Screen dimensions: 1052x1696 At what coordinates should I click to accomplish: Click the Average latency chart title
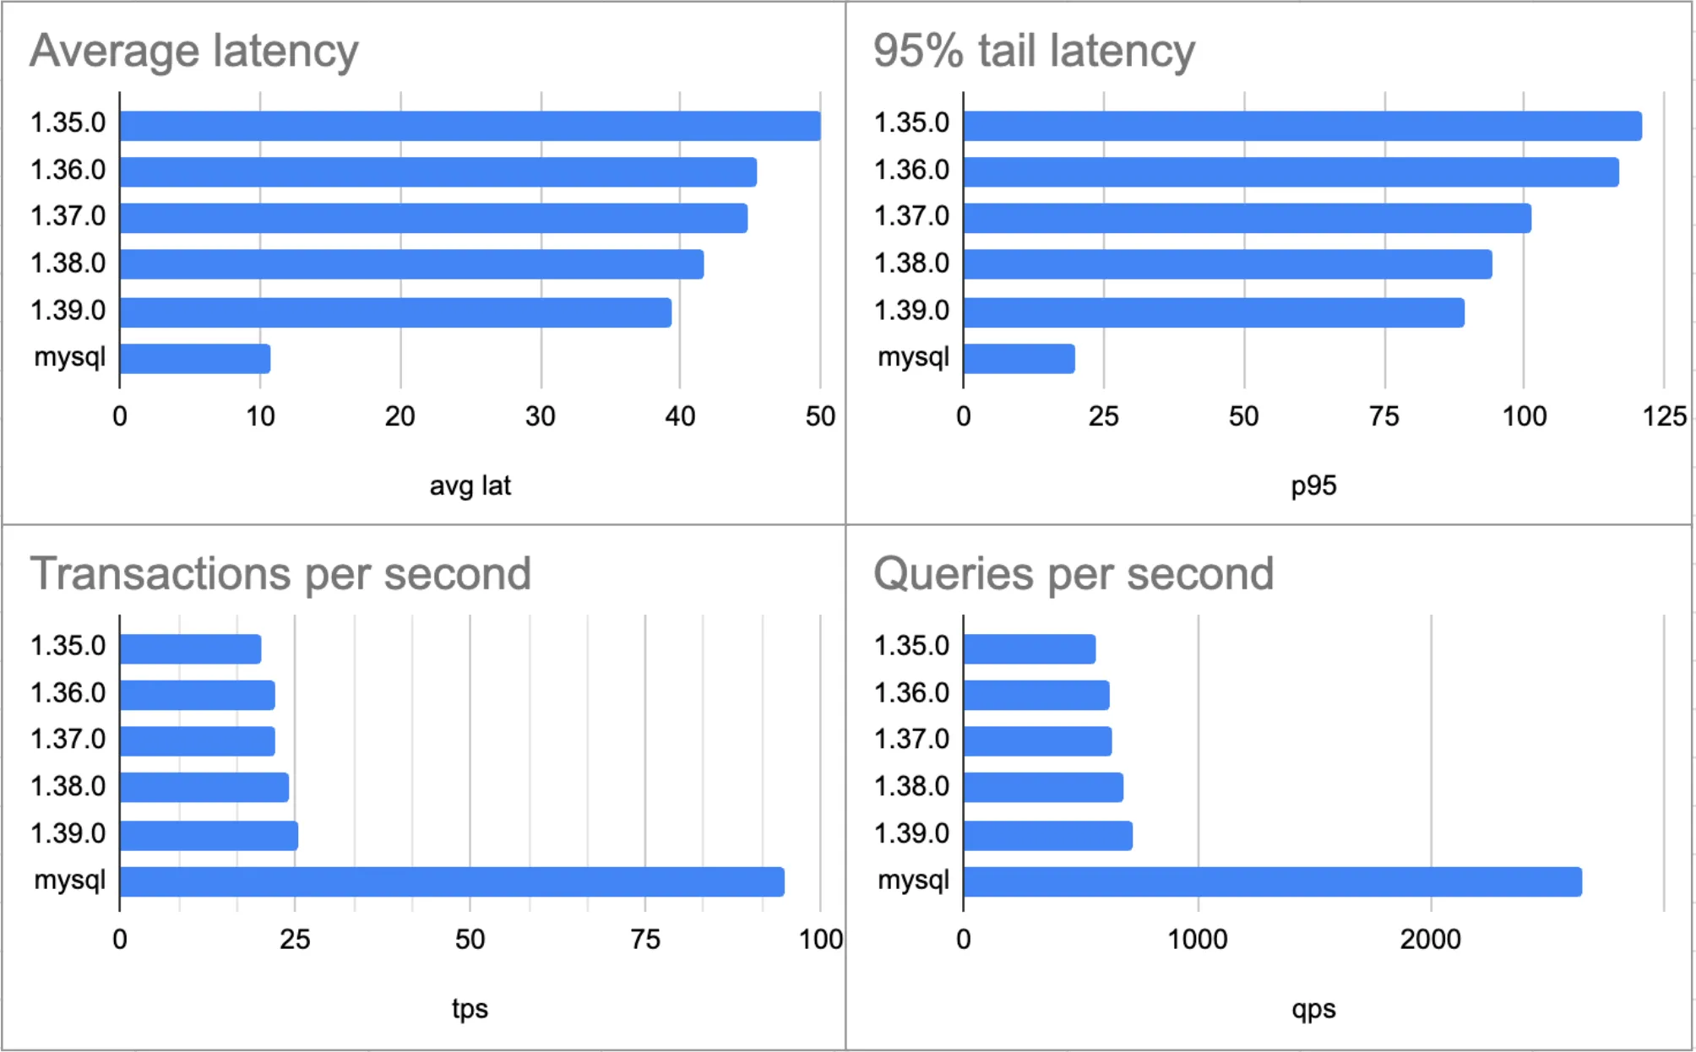click(194, 51)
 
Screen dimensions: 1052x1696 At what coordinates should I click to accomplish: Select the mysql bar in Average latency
click(195, 359)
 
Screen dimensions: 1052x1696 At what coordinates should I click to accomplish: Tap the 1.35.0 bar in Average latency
click(470, 126)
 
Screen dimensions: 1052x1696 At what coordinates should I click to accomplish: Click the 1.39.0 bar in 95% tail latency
click(1214, 312)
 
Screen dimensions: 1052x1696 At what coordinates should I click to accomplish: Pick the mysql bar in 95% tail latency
click(1019, 359)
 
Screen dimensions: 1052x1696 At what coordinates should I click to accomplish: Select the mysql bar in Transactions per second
click(452, 881)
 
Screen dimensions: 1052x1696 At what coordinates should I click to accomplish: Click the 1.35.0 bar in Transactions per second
click(191, 649)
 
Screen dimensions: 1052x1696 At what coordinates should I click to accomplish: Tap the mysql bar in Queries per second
click(1272, 881)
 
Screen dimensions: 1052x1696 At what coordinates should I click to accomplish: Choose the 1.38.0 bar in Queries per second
click(1043, 787)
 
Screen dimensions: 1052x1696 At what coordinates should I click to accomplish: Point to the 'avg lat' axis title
click(470, 485)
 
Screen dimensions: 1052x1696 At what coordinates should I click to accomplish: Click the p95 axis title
click(1313, 485)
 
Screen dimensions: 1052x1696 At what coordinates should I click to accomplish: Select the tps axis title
click(470, 1008)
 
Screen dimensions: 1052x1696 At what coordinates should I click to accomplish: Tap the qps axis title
click(1313, 1008)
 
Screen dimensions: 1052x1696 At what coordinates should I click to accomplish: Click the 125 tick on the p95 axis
click(1664, 416)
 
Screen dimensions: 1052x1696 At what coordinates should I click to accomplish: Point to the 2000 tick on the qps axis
click(1430, 939)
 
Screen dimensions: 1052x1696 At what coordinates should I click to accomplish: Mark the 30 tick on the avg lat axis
click(541, 416)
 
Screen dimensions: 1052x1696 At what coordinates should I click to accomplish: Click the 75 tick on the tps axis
click(645, 939)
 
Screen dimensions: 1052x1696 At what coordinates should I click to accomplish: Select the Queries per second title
click(1074, 574)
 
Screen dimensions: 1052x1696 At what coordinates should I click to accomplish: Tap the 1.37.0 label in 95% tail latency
click(911, 216)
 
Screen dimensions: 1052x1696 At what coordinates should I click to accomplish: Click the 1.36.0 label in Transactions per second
click(68, 693)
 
